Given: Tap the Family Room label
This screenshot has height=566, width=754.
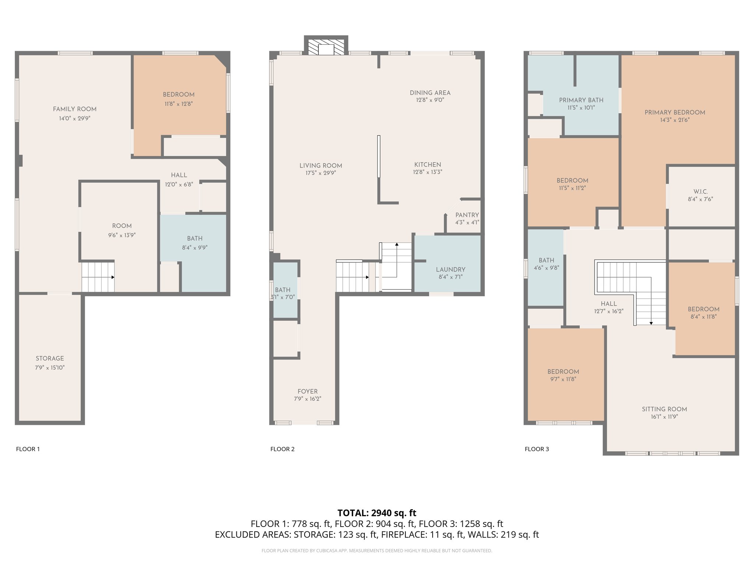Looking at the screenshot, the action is point(75,109).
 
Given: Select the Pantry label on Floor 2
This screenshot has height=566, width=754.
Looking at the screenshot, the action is point(467,215).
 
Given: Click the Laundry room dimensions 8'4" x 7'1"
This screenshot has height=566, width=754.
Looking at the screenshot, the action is point(451,277).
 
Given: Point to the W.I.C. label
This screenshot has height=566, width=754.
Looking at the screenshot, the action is point(701,192).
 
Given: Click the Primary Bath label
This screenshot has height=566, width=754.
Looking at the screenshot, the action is point(581,100).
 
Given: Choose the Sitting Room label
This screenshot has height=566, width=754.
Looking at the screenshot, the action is point(665,409).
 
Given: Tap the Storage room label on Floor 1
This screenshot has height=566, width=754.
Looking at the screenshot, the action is point(50,359).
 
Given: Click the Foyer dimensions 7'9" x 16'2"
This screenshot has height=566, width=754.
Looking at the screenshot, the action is point(307,399).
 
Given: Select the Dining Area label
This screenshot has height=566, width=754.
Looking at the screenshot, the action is point(430,93).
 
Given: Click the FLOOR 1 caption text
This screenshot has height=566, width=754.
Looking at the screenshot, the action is point(28,449).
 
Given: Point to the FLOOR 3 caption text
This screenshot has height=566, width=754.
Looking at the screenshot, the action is point(537,449).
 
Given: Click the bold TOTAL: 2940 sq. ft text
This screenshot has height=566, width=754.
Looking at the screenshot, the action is point(377,513).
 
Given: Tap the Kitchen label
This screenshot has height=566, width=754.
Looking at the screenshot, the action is point(427,165).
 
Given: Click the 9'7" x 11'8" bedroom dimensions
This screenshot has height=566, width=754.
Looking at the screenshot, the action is point(563,379).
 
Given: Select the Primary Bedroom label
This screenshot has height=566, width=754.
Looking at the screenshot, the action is point(675,112).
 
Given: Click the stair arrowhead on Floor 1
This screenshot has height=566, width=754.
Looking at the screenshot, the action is point(113,277).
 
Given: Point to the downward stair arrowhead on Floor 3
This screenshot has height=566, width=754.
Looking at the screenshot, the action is point(651,323).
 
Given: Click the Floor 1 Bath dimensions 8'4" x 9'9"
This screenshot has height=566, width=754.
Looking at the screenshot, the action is point(195,248).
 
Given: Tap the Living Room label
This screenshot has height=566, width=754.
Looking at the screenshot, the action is point(321,166).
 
